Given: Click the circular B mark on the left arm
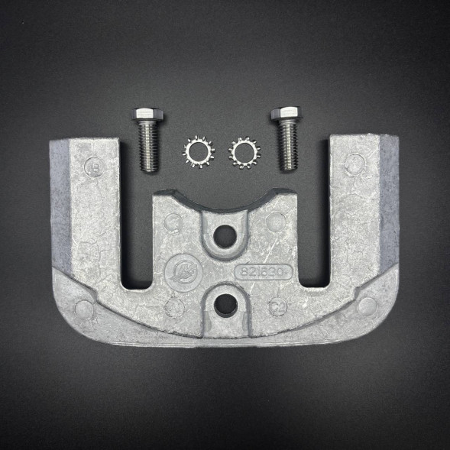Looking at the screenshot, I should (95, 163).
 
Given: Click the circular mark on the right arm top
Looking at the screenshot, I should (354, 163).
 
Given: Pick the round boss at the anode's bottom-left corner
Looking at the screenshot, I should (83, 308).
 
